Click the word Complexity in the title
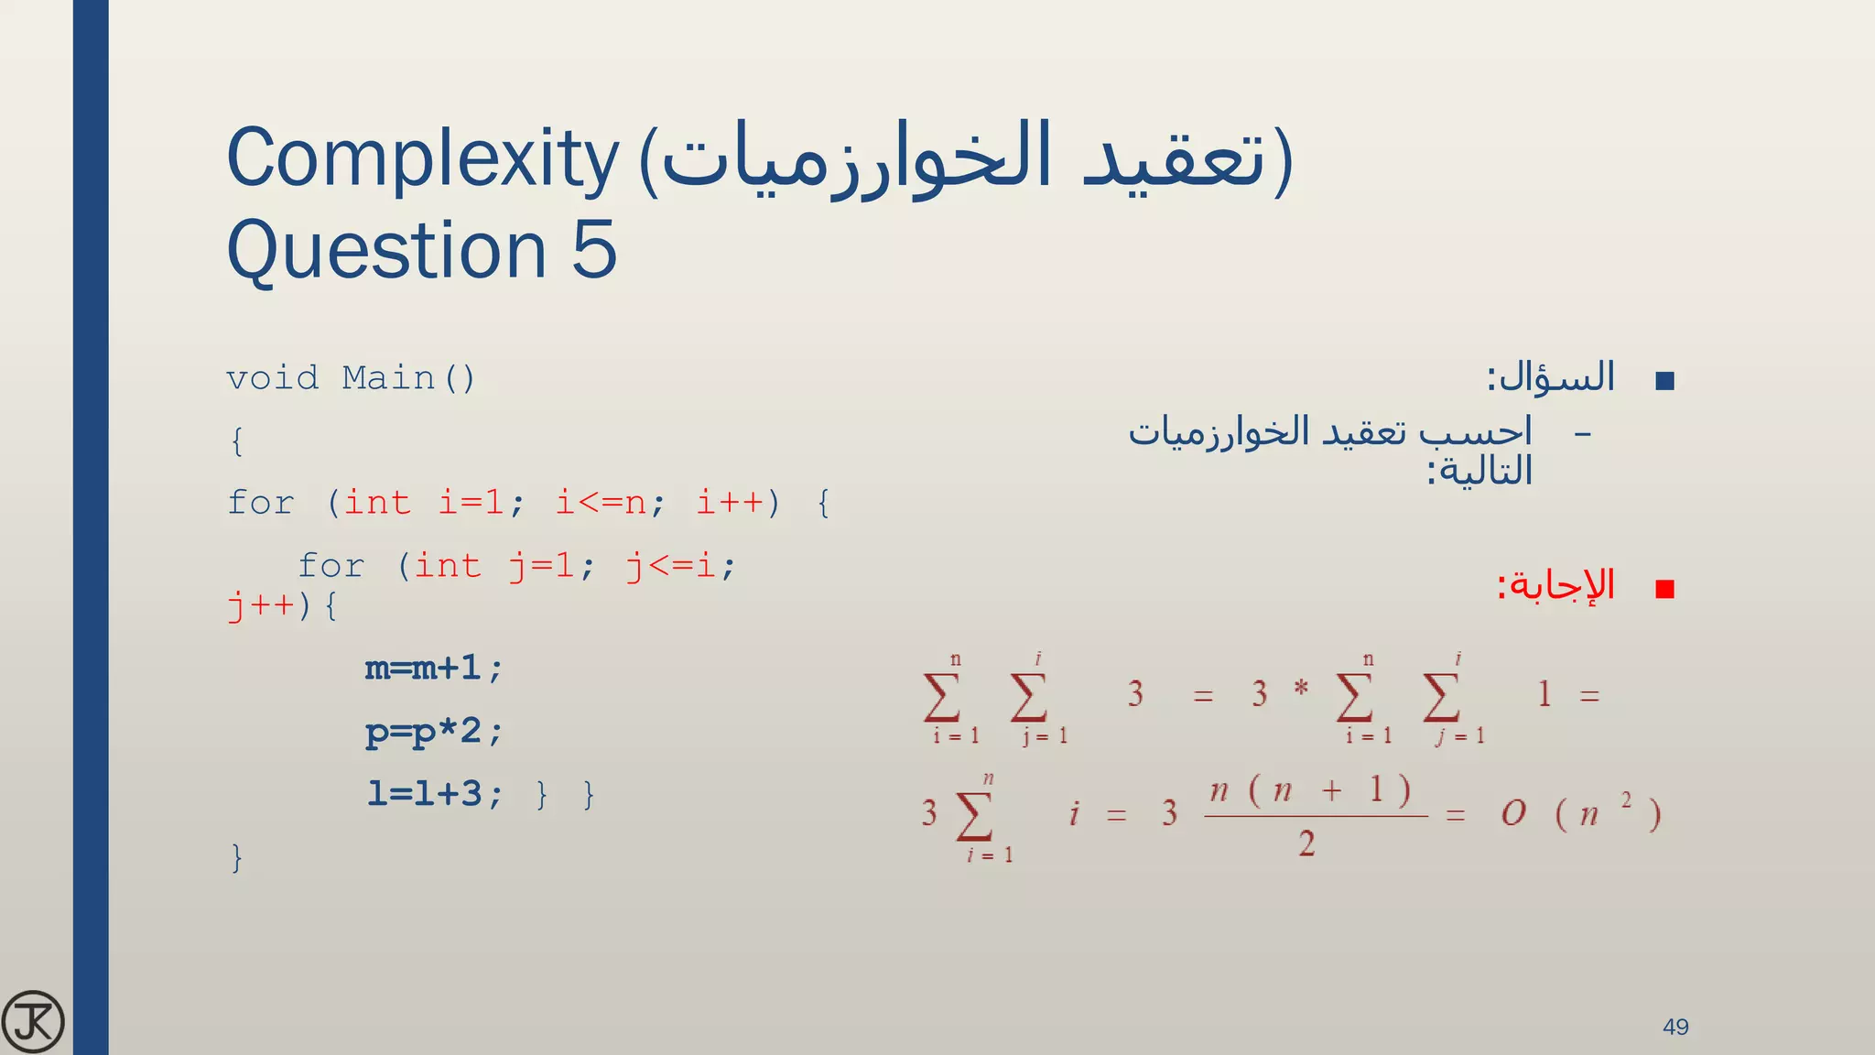[422, 159]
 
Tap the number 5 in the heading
[594, 249]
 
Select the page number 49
[1675, 1027]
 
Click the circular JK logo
[33, 1022]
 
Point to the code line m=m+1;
[434, 669]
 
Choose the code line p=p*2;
[434, 732]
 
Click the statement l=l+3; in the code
[434, 794]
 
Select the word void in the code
[272, 378]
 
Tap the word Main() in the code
[408, 378]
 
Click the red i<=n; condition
[611, 503]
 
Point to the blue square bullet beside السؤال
[1665, 381]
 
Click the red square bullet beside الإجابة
[1665, 589]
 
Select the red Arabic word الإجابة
[1556, 585]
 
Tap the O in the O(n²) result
[1513, 813]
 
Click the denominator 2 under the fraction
[1306, 843]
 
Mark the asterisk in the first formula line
[1301, 688]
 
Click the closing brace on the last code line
[237, 858]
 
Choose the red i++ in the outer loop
[730, 503]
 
